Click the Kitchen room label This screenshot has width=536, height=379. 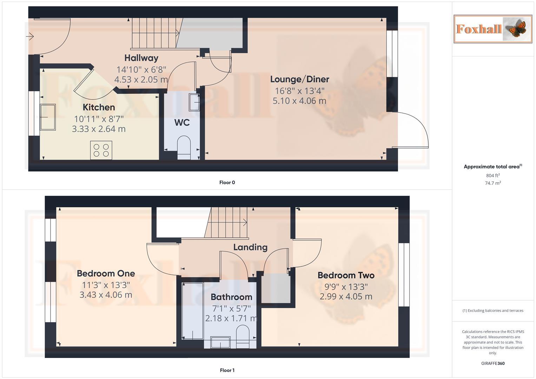click(x=99, y=107)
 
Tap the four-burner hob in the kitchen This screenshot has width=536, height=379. click(x=101, y=150)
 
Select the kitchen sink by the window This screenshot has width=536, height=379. click(x=48, y=117)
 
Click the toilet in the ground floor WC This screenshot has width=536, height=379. click(x=184, y=146)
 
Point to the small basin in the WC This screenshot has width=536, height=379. click(x=194, y=102)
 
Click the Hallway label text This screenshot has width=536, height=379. click(x=141, y=58)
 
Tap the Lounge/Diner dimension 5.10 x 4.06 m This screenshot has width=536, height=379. click(x=299, y=101)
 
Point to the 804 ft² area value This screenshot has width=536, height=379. click(x=493, y=175)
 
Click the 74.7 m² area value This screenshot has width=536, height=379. click(x=493, y=183)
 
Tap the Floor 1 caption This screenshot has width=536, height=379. click(x=227, y=370)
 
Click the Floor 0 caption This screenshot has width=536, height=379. click(x=227, y=182)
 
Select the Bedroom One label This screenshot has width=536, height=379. click(x=106, y=273)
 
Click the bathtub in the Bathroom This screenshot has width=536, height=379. click(x=192, y=311)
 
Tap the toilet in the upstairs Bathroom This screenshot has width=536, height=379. click(x=243, y=336)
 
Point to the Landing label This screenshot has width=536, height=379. click(x=250, y=247)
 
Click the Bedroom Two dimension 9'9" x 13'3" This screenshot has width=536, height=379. click(x=346, y=287)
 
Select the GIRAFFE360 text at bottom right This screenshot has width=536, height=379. click(x=493, y=363)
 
